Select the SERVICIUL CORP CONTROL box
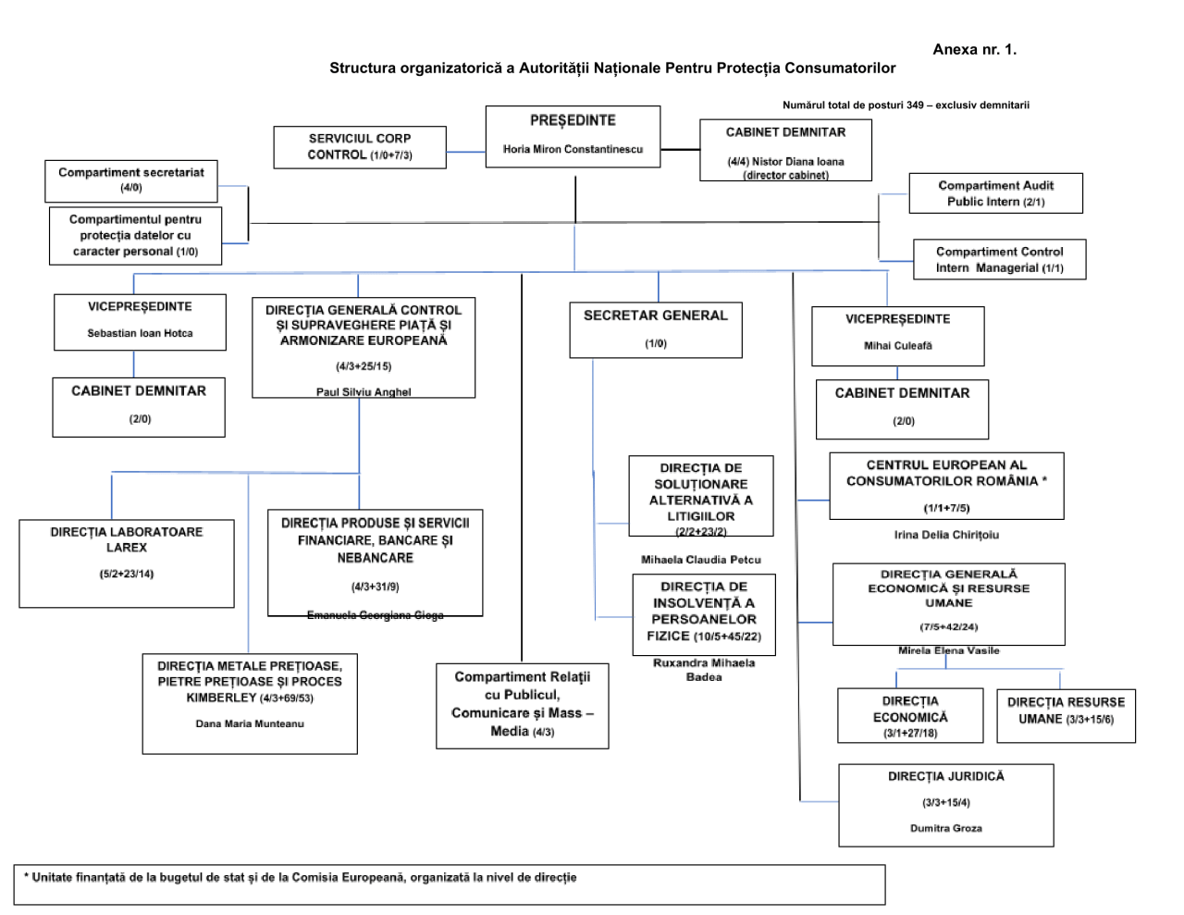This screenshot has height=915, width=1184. (360, 147)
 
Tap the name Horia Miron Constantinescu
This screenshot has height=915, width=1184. (573, 149)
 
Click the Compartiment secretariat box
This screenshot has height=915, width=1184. (131, 180)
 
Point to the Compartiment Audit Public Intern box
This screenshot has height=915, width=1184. (995, 193)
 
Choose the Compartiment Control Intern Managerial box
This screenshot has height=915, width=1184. (999, 260)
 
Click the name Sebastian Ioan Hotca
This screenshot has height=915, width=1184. (140, 333)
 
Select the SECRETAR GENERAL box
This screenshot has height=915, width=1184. (655, 329)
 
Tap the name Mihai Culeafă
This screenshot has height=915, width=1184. (897, 346)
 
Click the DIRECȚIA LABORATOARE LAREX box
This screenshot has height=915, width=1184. (127, 563)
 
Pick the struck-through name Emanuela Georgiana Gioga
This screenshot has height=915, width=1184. (375, 616)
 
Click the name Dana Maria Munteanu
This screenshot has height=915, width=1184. (249, 723)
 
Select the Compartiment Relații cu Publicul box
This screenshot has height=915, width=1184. (523, 705)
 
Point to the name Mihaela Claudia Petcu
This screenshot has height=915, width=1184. (701, 560)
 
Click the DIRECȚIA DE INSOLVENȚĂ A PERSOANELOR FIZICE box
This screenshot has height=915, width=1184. (704, 613)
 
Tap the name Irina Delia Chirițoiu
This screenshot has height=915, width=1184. (946, 535)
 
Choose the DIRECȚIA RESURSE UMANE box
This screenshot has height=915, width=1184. (1066, 714)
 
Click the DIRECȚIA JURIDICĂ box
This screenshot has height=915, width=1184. (945, 804)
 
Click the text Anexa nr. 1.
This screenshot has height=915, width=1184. (974, 50)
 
